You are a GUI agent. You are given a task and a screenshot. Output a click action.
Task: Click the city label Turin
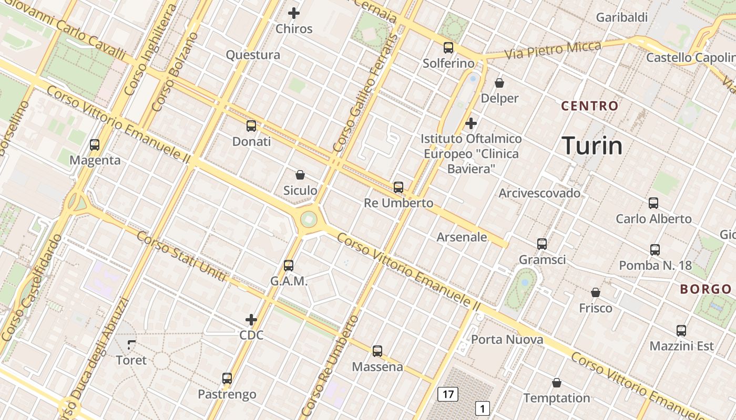click(592, 145)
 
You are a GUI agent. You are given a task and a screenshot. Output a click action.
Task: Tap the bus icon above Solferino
click(448, 48)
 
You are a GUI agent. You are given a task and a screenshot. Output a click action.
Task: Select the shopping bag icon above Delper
click(499, 83)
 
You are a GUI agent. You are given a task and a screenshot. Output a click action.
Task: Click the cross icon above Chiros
click(294, 13)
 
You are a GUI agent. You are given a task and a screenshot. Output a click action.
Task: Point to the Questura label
click(253, 55)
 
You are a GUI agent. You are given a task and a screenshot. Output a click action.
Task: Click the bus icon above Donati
click(251, 126)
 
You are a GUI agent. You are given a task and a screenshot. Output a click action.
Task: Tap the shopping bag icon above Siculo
click(300, 175)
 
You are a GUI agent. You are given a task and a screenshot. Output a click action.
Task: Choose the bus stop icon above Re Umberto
click(398, 187)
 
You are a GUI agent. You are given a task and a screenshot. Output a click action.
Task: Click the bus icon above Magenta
click(95, 145)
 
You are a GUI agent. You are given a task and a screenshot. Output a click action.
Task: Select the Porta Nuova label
click(507, 340)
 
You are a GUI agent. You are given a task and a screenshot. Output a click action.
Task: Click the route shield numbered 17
click(448, 394)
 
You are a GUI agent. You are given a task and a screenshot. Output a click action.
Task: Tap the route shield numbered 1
click(483, 408)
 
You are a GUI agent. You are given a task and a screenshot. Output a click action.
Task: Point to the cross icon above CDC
click(251, 319)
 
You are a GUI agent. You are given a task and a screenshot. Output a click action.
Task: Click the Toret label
click(131, 361)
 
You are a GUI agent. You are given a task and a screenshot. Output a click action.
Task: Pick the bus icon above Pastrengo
click(227, 379)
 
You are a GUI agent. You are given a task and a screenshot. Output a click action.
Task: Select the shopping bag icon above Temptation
click(557, 383)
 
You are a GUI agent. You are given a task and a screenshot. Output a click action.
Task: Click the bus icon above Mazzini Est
click(681, 331)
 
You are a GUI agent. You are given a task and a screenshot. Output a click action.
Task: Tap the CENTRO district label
click(590, 106)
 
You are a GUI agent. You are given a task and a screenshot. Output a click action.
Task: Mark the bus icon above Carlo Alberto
click(653, 203)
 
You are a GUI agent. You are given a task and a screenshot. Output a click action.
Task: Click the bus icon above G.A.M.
click(289, 266)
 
